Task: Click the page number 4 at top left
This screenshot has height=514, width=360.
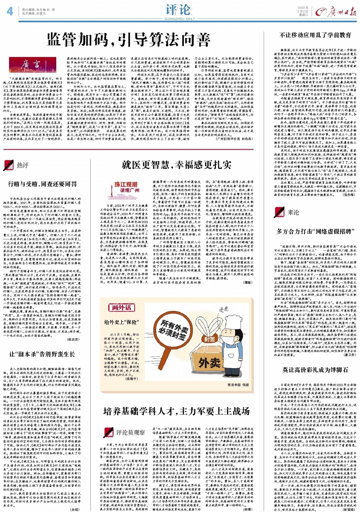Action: pos(9,12)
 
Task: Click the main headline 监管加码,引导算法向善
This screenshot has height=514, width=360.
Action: pos(129,40)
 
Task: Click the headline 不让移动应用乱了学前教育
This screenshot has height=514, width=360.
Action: pos(315,35)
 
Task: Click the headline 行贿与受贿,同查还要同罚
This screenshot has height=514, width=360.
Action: pos(42,184)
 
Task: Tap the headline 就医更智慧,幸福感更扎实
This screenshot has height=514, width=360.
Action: pos(176,164)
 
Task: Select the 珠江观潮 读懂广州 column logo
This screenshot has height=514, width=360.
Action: pos(126,187)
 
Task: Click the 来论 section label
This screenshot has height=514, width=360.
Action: pos(289,212)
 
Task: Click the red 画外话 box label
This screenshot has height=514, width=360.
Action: pos(121,307)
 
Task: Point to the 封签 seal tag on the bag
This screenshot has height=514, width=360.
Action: pos(209,339)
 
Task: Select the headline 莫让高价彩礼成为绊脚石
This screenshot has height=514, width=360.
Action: pos(315,370)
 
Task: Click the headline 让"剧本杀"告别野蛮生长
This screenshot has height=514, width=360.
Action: pos(42,354)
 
